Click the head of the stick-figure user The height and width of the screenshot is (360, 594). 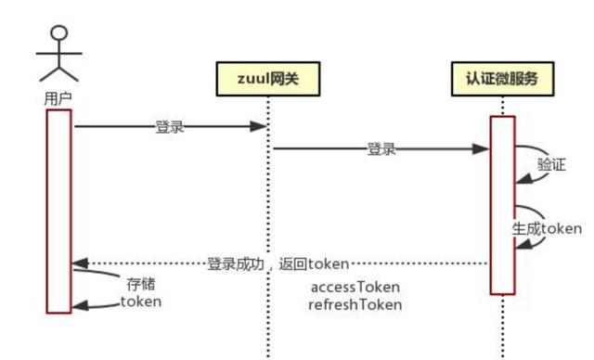59,34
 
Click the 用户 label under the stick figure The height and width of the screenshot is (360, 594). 58,96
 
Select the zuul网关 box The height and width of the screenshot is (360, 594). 269,80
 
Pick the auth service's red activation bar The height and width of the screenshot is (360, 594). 502,204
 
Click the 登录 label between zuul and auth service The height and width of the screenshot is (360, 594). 381,148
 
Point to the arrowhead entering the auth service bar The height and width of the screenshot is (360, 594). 484,148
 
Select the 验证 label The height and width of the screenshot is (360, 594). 551,164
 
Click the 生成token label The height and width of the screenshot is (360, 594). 548,227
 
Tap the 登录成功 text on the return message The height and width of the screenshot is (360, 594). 236,264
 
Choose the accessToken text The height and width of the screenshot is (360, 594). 356,287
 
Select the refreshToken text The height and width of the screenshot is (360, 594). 355,303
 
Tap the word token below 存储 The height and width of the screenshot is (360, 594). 141,302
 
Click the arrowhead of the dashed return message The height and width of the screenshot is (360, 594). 79,264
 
